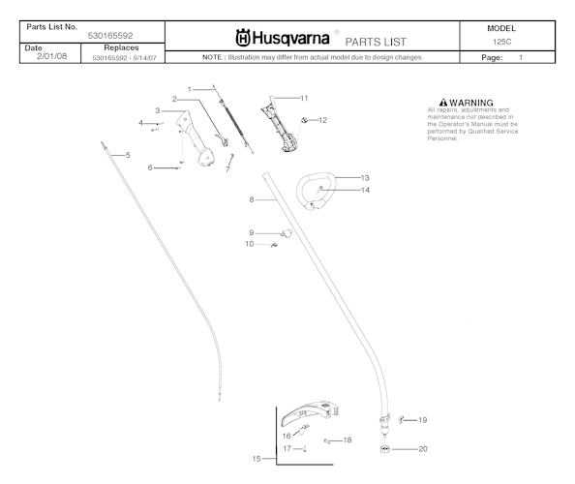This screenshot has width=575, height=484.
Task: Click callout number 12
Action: point(322,120)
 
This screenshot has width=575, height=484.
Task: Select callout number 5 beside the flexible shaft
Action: point(126,155)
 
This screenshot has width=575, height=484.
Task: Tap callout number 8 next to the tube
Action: point(251,199)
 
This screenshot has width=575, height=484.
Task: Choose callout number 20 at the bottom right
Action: point(422,449)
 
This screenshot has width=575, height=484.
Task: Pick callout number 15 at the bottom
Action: point(257,458)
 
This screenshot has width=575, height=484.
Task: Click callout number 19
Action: point(422,420)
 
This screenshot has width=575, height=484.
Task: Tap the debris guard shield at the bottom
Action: point(313,411)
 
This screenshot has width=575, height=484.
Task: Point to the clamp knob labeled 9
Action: point(286,232)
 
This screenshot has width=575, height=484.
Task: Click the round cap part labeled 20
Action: point(385,449)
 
